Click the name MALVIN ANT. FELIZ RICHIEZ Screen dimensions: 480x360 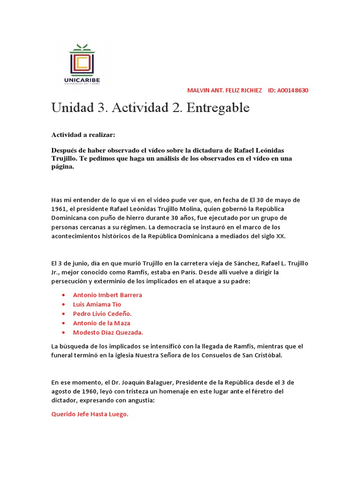[x=225, y=90]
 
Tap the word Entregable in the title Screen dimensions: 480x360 [x=218, y=108]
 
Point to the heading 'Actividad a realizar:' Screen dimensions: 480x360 [x=83, y=135]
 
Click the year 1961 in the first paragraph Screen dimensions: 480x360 [x=59, y=209]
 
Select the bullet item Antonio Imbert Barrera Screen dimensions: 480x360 [x=107, y=295]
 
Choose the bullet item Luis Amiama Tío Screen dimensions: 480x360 [x=97, y=304]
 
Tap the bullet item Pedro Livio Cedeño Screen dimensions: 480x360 [x=102, y=314]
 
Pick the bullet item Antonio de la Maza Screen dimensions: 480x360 [x=102, y=323]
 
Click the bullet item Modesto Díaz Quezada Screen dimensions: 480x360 [x=108, y=332]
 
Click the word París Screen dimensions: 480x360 [x=220, y=272]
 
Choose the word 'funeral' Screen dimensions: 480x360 [x=63, y=355]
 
